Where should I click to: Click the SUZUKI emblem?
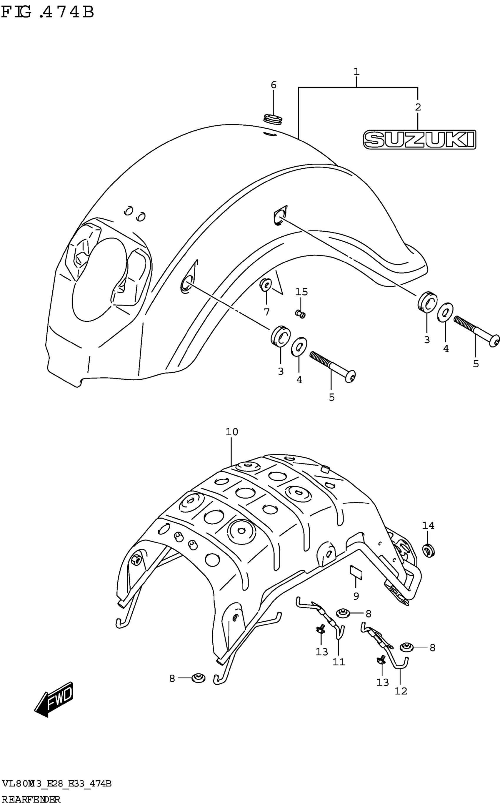(419, 139)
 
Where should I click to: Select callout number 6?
(274, 85)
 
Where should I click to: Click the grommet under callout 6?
(273, 119)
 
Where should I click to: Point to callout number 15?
(301, 292)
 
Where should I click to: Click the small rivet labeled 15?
(300, 313)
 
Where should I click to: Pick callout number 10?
(232, 432)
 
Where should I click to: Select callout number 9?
(356, 596)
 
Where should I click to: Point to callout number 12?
(401, 691)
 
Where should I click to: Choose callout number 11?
(339, 662)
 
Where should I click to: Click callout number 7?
(266, 312)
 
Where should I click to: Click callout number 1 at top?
(356, 72)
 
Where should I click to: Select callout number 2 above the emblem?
(418, 107)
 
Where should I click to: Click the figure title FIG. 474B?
(48, 12)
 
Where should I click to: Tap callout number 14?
(428, 525)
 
